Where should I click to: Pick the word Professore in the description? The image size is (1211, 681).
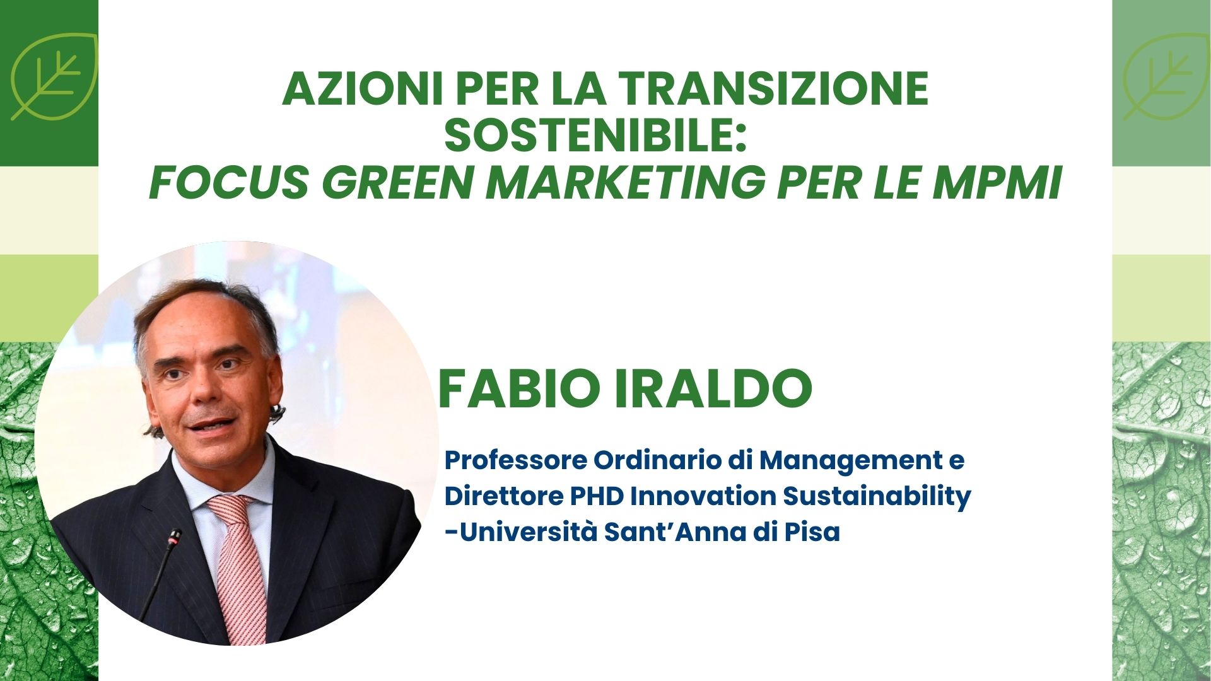click(x=516, y=460)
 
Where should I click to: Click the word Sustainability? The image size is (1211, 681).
click(x=877, y=498)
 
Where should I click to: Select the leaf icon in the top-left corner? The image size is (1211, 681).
click(x=54, y=76)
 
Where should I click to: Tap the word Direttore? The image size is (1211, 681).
click(x=504, y=496)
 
